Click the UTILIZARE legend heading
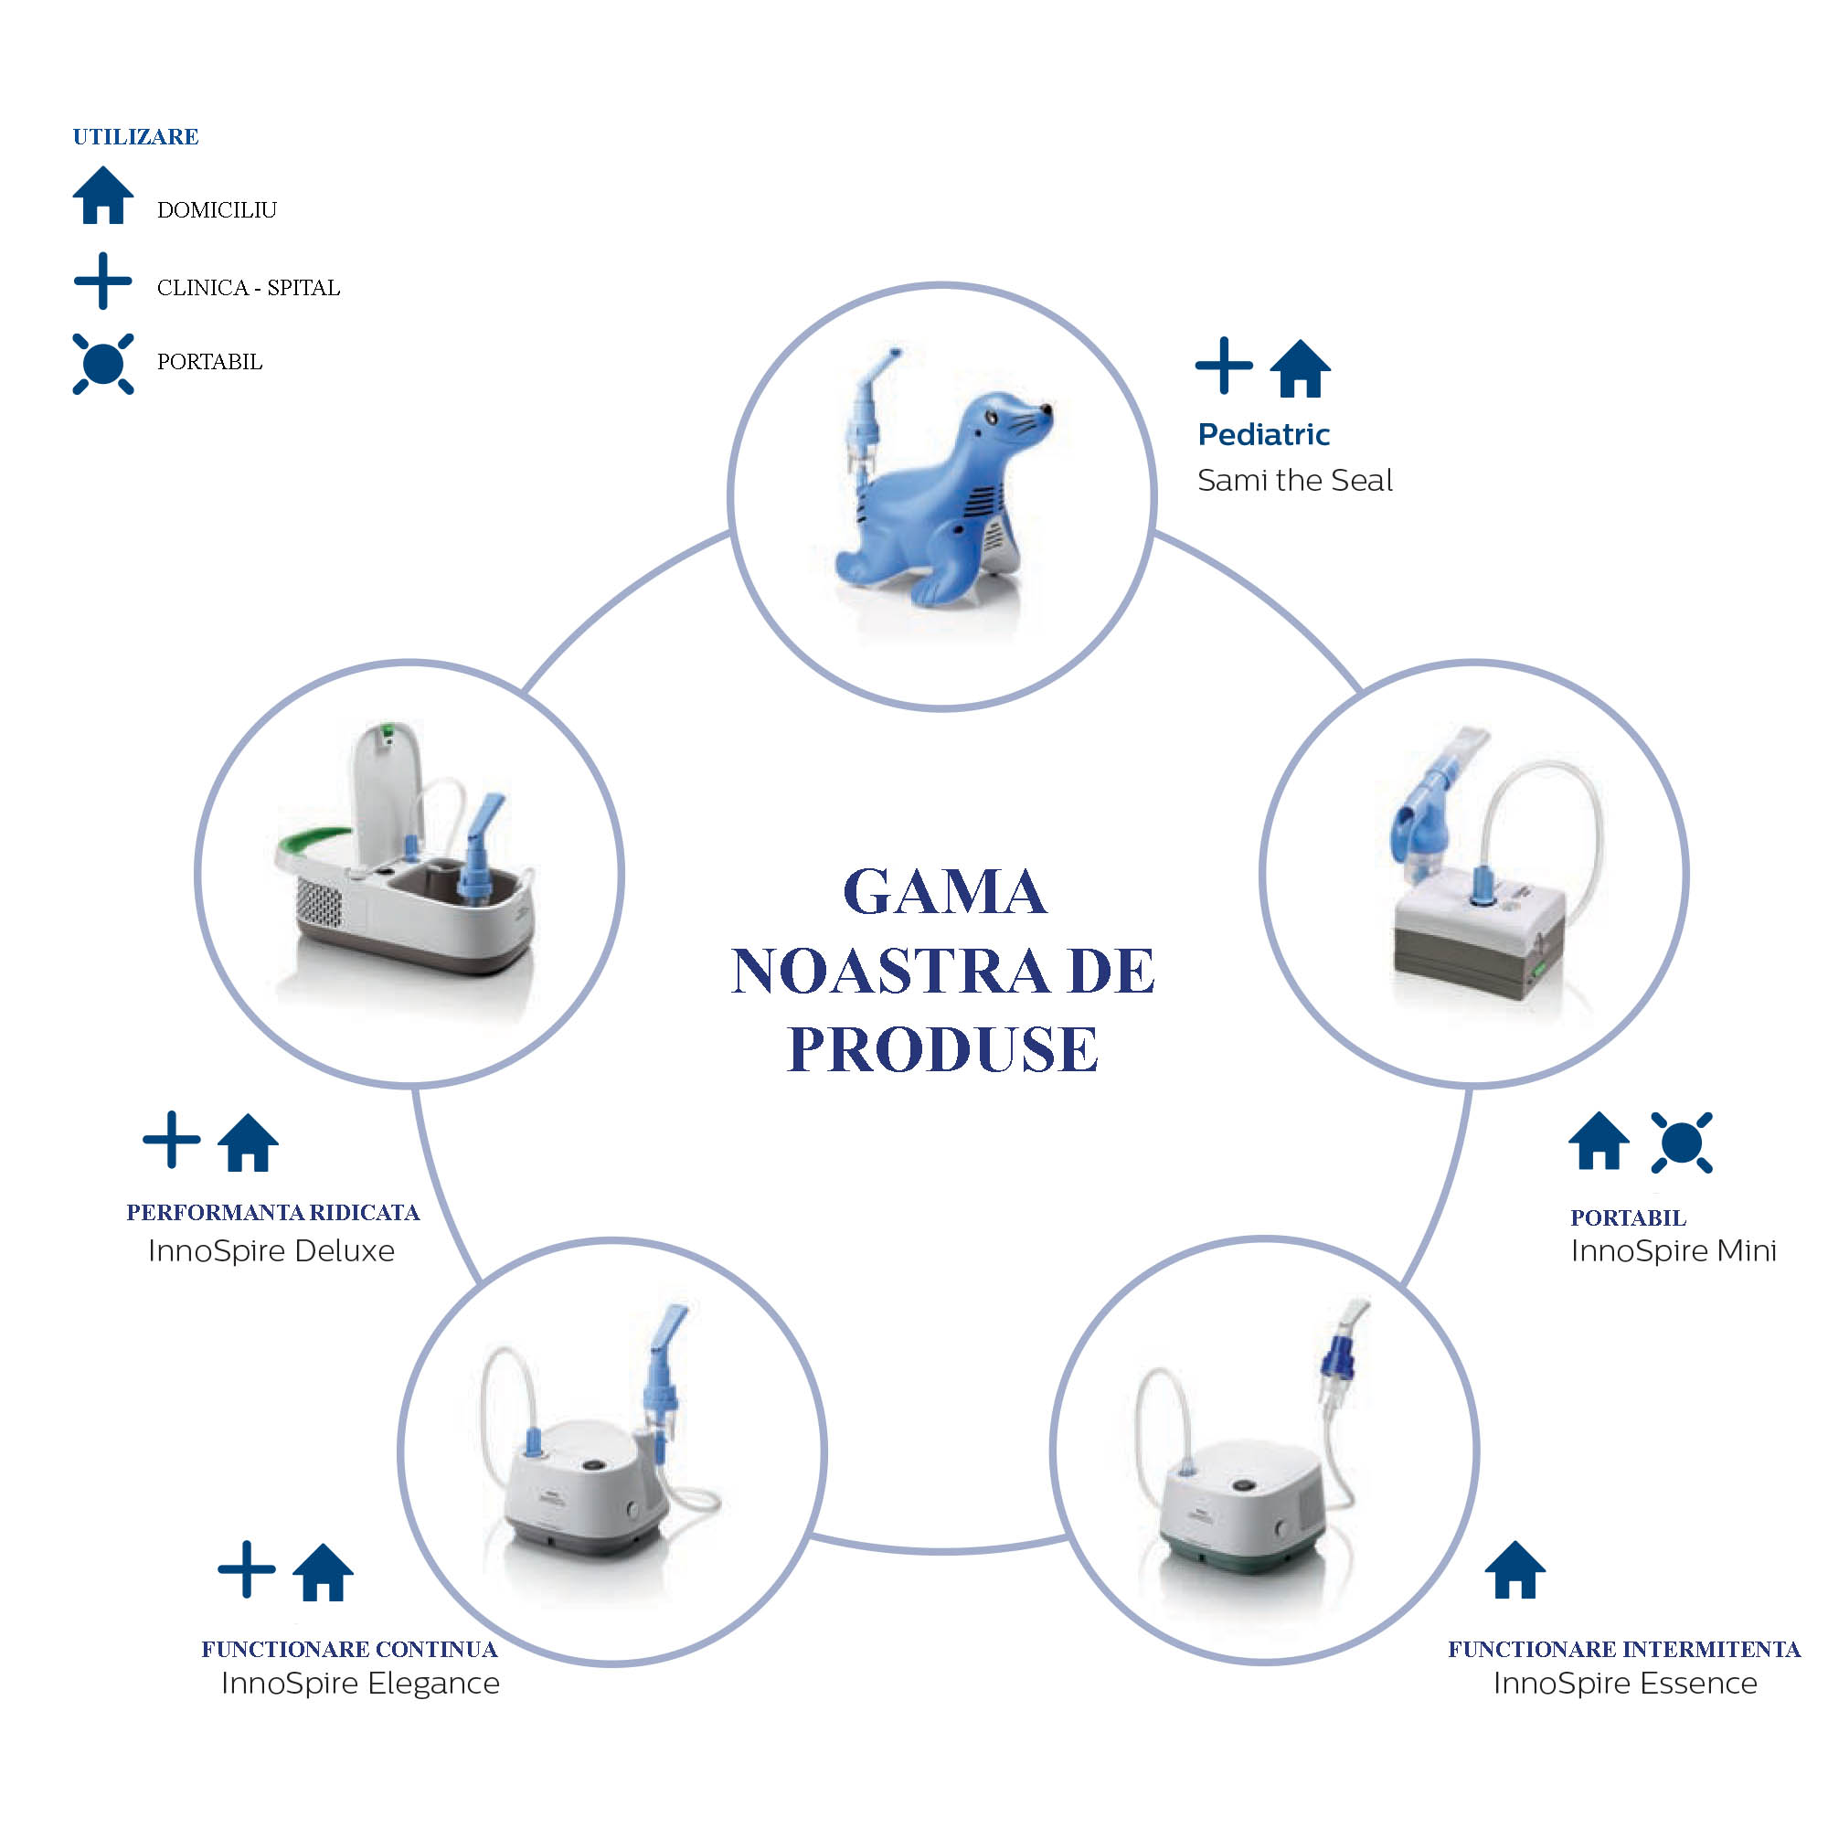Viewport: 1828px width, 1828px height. (x=135, y=137)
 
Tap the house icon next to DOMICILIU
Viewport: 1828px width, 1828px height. (x=103, y=197)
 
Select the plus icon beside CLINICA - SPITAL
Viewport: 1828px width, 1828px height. (x=102, y=281)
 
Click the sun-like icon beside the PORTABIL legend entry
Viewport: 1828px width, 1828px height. (x=103, y=365)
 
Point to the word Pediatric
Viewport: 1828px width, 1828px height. (x=1263, y=434)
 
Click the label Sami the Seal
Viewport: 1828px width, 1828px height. (x=1294, y=481)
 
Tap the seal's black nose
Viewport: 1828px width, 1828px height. (x=1046, y=409)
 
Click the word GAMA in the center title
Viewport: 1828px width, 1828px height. (x=944, y=892)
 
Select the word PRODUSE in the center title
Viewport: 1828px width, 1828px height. (x=942, y=1049)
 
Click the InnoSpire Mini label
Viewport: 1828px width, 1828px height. (x=1673, y=1251)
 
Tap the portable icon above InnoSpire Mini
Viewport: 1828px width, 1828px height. (x=1682, y=1143)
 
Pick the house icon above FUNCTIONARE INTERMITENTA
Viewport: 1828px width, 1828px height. (x=1514, y=1570)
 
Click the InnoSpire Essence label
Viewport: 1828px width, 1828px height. (x=1624, y=1684)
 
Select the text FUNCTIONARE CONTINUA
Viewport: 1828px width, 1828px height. (x=349, y=1649)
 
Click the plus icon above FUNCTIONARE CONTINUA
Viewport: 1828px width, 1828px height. (x=246, y=1569)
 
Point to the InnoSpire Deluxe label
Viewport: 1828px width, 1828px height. (x=271, y=1251)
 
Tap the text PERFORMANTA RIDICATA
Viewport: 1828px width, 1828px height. (x=272, y=1212)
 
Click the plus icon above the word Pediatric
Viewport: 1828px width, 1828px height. (x=1224, y=366)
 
